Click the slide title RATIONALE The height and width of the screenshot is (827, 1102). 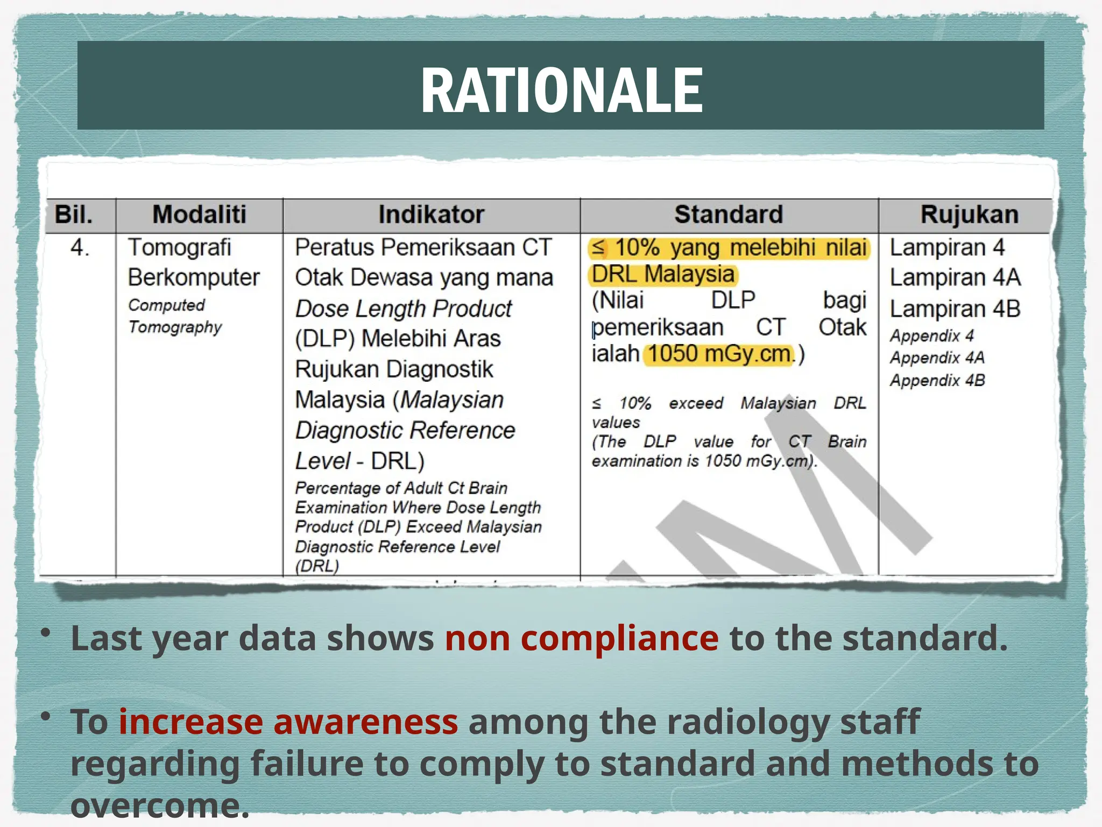[561, 90]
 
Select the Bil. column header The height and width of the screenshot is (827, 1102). [74, 214]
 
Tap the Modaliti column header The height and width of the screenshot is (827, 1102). [199, 214]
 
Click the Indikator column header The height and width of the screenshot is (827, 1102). [431, 214]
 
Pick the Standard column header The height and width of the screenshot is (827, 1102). [729, 214]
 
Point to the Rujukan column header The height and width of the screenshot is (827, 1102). [969, 214]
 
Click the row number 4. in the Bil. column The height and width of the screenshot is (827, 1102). [80, 248]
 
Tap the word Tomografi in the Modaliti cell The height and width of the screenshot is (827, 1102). [179, 248]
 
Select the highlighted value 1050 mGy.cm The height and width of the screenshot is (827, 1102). [719, 354]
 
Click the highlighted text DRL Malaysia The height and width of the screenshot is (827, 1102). [663, 274]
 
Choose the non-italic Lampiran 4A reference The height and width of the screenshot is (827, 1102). [955, 278]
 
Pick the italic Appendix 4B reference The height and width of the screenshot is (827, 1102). [937, 380]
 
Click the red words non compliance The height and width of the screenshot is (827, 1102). [581, 638]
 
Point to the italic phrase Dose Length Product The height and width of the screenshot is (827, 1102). [403, 309]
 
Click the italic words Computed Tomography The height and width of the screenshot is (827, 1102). [174, 316]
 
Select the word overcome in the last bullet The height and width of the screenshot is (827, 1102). [159, 805]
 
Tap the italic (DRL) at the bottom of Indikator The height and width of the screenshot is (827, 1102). [317, 566]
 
